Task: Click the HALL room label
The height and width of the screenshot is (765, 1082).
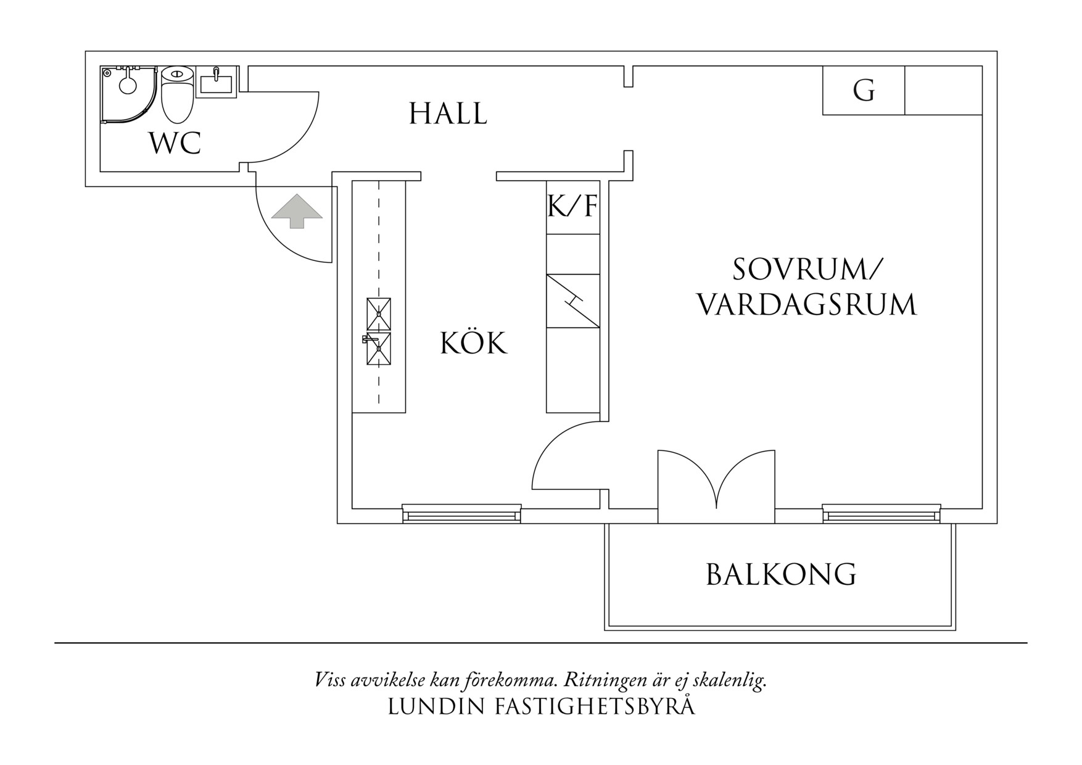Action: point(448,114)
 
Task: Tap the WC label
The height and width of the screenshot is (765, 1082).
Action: point(175,143)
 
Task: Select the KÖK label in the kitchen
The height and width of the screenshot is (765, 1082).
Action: point(474,343)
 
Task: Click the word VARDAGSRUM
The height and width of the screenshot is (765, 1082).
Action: point(807,305)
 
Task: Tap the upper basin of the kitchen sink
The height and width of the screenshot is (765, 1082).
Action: point(379,313)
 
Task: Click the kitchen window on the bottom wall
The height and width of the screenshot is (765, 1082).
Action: point(461,513)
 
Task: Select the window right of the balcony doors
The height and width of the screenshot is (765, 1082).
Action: point(882,513)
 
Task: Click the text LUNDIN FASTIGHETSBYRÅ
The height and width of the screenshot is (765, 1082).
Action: point(542,707)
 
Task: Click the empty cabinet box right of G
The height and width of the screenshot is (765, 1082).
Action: point(943,90)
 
